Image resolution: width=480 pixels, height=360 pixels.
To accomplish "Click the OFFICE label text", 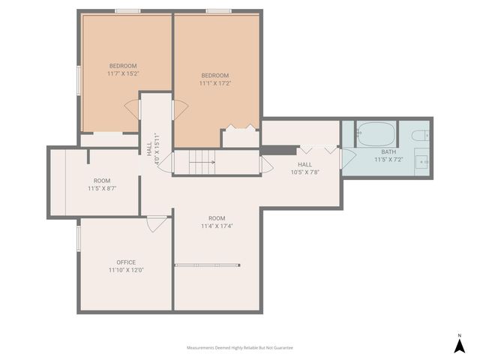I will [x=126, y=262].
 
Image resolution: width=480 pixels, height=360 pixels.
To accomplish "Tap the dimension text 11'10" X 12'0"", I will [x=126, y=270].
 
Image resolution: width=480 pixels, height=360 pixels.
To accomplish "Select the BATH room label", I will [x=388, y=151].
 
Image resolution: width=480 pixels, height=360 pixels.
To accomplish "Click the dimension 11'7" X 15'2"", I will [x=124, y=73].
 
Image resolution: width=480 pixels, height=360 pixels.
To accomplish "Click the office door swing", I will [x=157, y=223].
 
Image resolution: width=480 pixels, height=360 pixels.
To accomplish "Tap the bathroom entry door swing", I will [x=346, y=157].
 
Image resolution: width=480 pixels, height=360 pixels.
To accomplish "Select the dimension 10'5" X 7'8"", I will [x=304, y=172].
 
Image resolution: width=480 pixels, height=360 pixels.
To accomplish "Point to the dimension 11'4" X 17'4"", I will [x=217, y=226].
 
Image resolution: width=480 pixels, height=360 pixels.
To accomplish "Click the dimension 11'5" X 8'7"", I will [x=102, y=188].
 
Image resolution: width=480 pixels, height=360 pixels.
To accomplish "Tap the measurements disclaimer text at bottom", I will [x=240, y=348].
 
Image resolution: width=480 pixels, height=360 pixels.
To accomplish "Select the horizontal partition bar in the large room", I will [x=208, y=264].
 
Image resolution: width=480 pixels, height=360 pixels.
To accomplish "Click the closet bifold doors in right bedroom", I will [x=239, y=127].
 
